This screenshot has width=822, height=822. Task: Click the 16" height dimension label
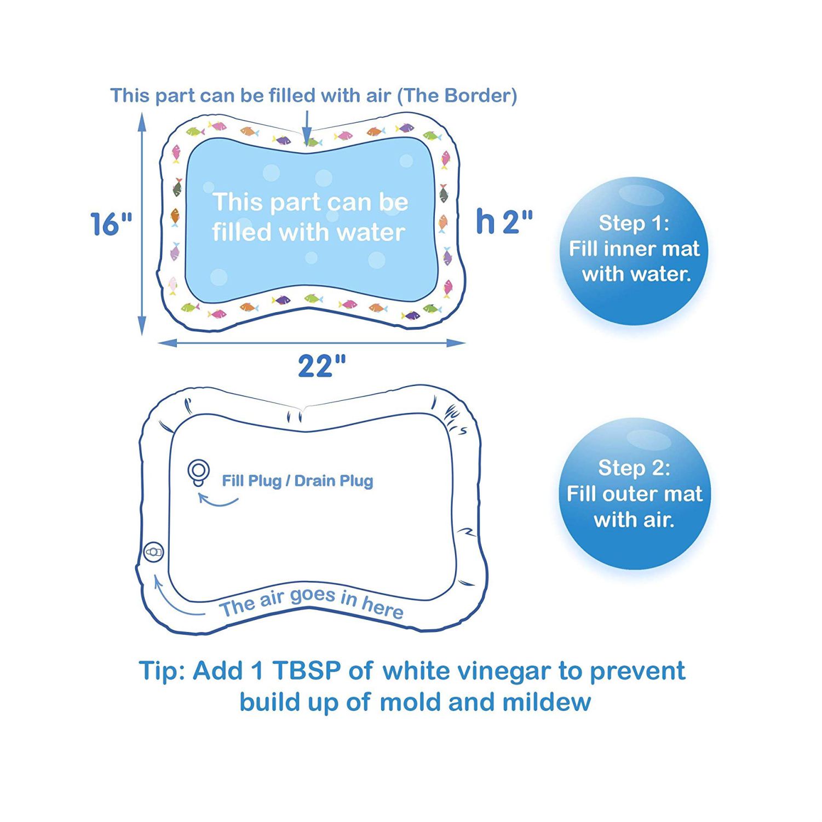click(111, 224)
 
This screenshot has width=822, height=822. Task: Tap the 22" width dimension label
click(322, 366)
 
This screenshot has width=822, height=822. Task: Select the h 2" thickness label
click(504, 221)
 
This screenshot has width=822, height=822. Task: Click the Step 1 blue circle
click(634, 251)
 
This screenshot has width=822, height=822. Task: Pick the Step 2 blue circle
click(634, 493)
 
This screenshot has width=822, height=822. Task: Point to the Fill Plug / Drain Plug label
click(297, 481)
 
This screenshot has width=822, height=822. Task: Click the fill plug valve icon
click(198, 472)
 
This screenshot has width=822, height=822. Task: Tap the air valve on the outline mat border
click(153, 552)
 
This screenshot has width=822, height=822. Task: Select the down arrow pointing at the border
click(307, 128)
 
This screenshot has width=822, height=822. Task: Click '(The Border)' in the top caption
click(457, 96)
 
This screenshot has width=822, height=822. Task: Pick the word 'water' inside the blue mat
click(371, 233)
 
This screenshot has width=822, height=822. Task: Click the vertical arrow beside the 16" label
click(142, 223)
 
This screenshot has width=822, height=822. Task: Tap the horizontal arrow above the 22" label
click(312, 343)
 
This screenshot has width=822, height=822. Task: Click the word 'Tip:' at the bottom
click(162, 671)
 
